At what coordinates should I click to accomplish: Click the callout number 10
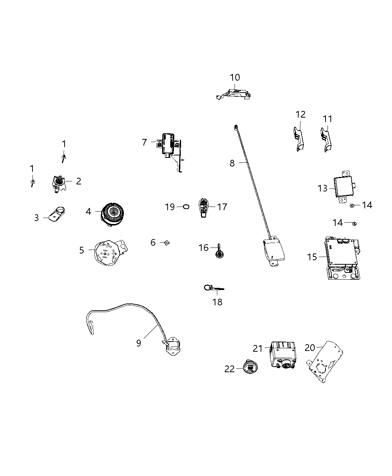click(235, 78)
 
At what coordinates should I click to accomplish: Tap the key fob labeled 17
click(204, 207)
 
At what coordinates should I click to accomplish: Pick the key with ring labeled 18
click(213, 288)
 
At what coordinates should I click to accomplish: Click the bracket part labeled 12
click(299, 139)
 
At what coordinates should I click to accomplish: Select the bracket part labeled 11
click(326, 140)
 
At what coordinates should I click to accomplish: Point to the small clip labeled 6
click(167, 243)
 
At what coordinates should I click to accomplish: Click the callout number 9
click(139, 343)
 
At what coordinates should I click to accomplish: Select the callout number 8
click(232, 163)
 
